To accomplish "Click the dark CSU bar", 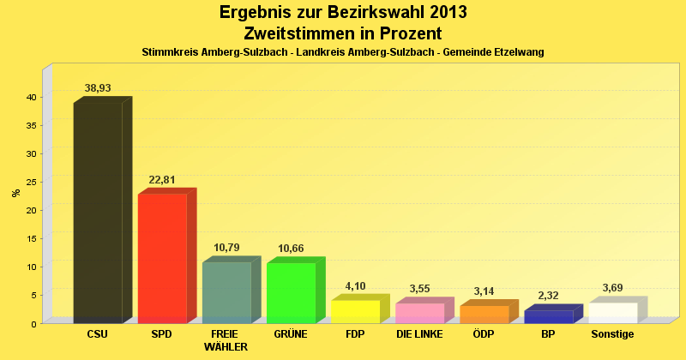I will pos(98,213).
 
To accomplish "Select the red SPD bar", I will pos(162,259).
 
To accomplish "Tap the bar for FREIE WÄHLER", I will pos(226,292).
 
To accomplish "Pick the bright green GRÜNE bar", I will pos(291,292).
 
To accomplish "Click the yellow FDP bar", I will pos(355,311).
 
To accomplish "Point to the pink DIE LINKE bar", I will pos(419,313).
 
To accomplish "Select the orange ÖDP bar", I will pos(484,314).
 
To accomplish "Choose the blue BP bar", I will pos(548,316).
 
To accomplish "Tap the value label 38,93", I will pos(98,88).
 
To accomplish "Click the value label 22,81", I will pos(162,180).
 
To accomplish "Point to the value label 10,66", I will pos(291,249).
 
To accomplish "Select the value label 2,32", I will pos(548,296).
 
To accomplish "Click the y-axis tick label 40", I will pos(30,97).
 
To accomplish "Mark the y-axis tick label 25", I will pos(30,182).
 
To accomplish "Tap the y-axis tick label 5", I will pos(33,295).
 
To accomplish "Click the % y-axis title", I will pos(15,193).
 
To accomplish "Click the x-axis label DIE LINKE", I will pos(419,334).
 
